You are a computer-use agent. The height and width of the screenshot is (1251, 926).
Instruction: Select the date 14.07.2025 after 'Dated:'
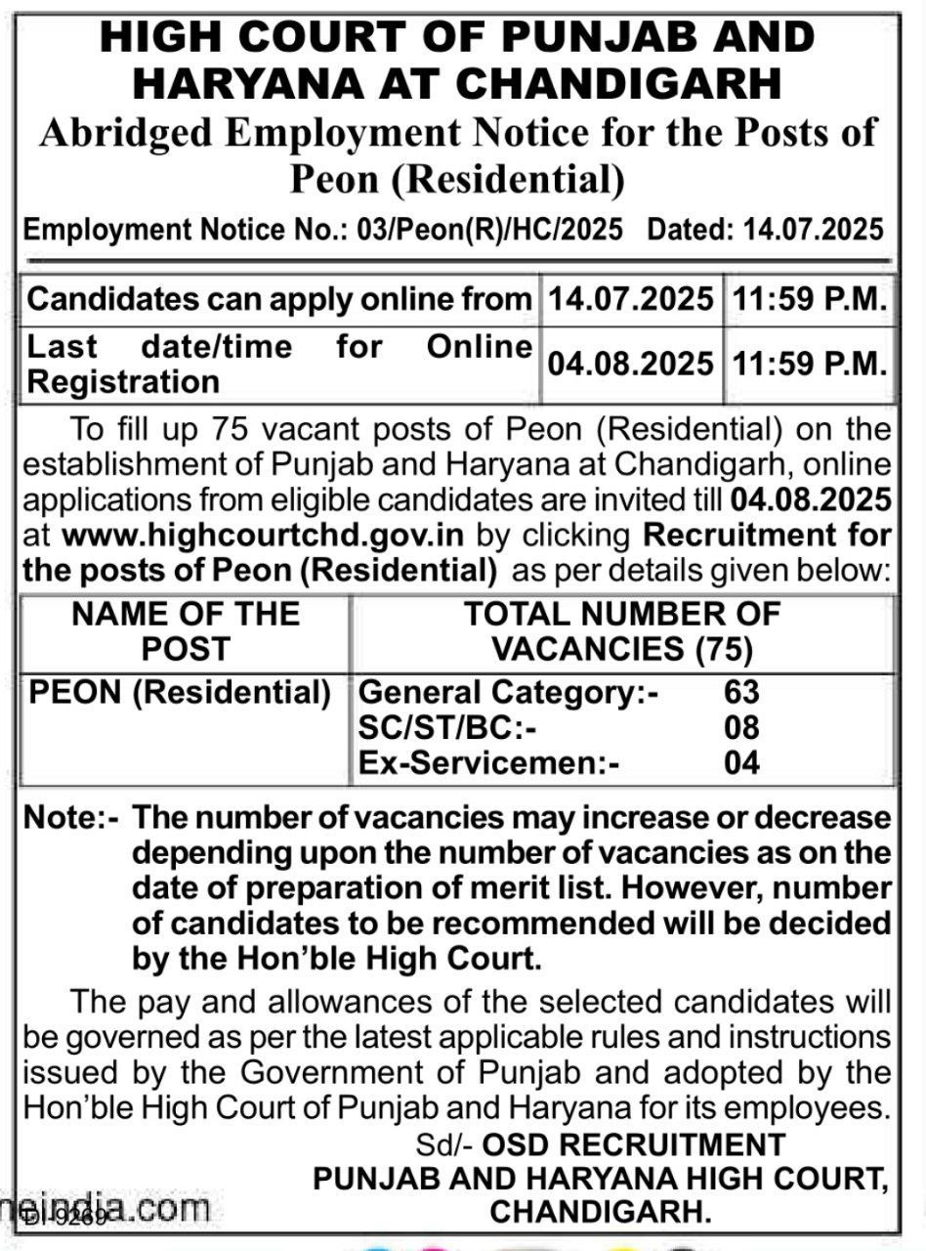pyautogui.click(x=813, y=231)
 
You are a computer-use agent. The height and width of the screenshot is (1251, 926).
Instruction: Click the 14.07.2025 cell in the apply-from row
pyautogui.click(x=630, y=299)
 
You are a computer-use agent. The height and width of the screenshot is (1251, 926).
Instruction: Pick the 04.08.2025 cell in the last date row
pyautogui.click(x=630, y=365)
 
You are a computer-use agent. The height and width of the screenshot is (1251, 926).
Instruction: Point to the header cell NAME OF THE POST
pyautogui.click(x=186, y=630)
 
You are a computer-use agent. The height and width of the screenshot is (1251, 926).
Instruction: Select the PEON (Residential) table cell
pyautogui.click(x=181, y=693)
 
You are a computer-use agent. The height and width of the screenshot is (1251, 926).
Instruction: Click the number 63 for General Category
pyautogui.click(x=741, y=693)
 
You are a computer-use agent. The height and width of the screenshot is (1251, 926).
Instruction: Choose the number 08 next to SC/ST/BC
pyautogui.click(x=741, y=728)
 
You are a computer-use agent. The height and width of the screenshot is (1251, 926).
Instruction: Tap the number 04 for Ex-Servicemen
pyautogui.click(x=741, y=762)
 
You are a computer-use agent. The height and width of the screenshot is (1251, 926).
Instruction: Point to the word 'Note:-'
pyautogui.click(x=70, y=818)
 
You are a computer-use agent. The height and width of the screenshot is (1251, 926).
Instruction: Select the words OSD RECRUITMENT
pyautogui.click(x=635, y=1144)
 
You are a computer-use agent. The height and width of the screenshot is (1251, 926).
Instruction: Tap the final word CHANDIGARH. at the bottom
pyautogui.click(x=600, y=1213)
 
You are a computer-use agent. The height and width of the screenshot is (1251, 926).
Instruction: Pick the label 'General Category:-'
pyautogui.click(x=509, y=693)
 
